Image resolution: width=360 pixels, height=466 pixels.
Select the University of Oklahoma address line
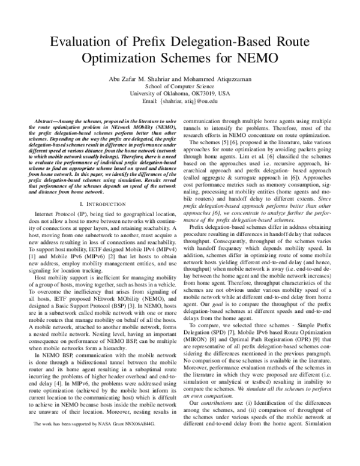pyautogui.click(x=180, y=94)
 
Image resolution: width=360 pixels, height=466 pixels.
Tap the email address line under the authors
pyautogui.click(x=180, y=103)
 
